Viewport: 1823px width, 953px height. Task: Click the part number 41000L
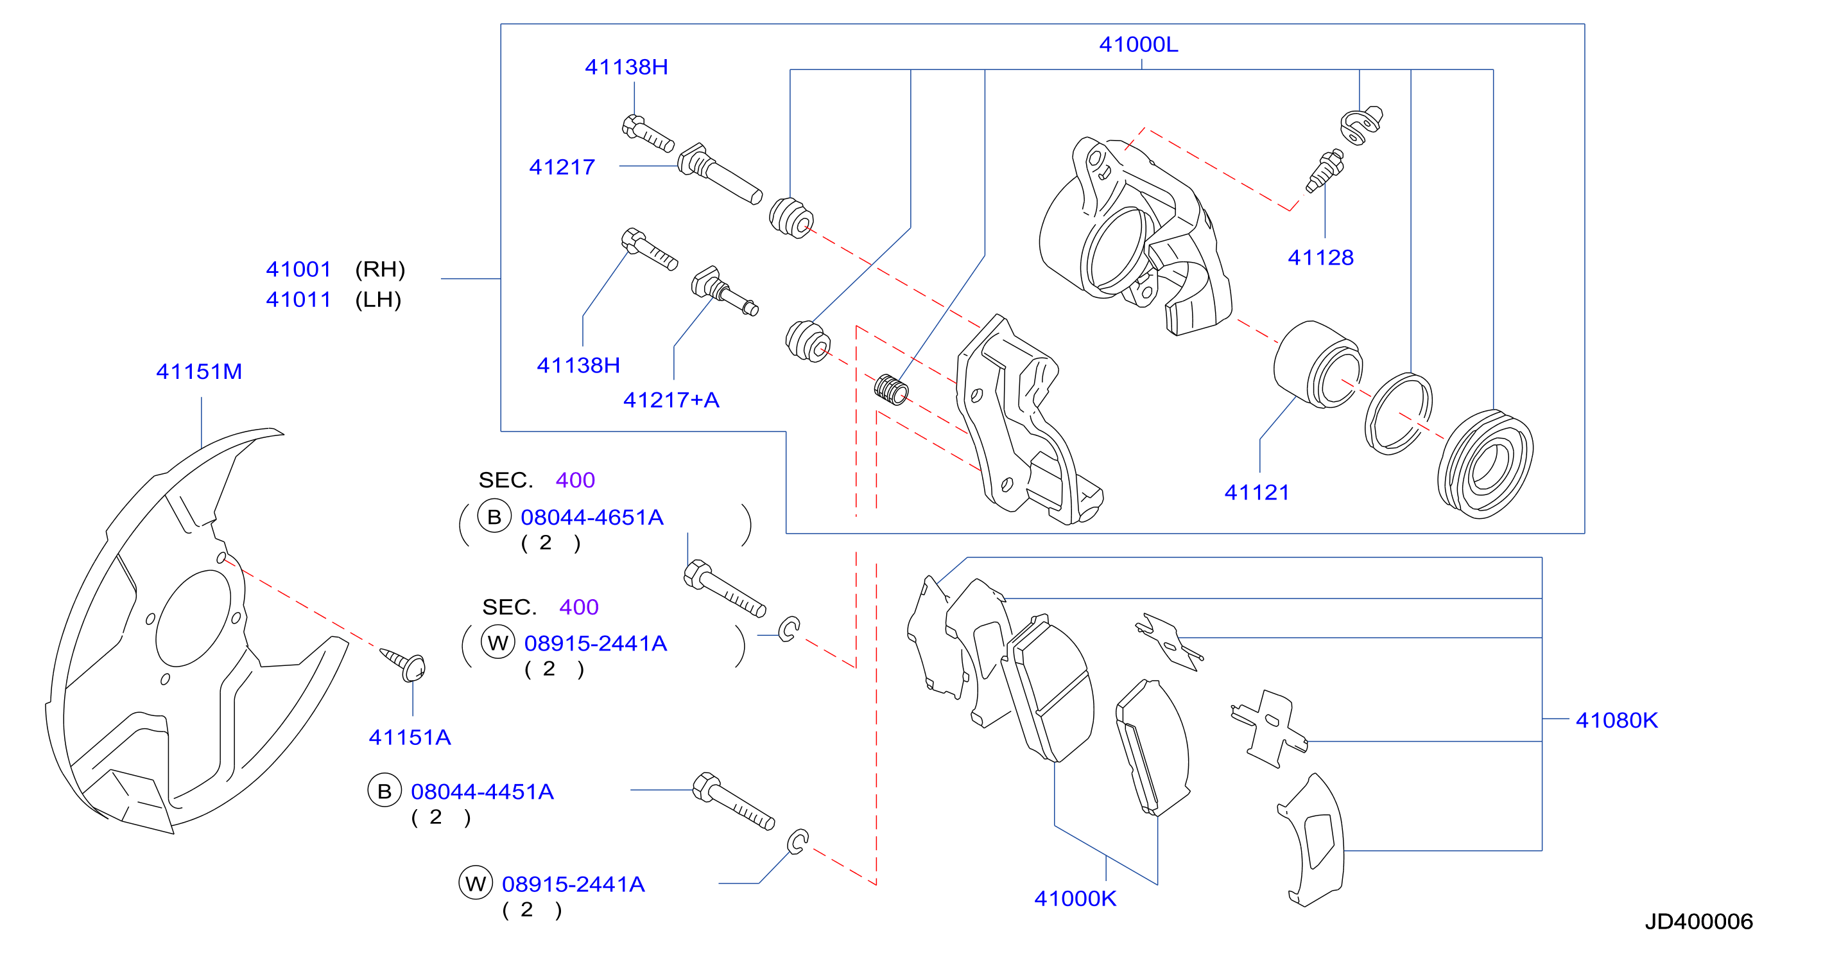click(1138, 44)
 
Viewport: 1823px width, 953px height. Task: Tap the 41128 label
click(1320, 258)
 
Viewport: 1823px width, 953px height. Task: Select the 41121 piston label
click(1257, 493)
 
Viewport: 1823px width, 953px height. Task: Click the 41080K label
click(1616, 720)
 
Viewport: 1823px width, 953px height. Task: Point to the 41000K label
click(1075, 898)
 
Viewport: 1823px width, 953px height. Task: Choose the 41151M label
click(199, 372)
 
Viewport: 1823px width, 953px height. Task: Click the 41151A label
click(410, 738)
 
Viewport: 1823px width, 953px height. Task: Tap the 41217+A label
click(671, 400)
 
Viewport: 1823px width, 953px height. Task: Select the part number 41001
click(298, 270)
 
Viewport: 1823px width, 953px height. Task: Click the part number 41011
click(298, 300)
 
